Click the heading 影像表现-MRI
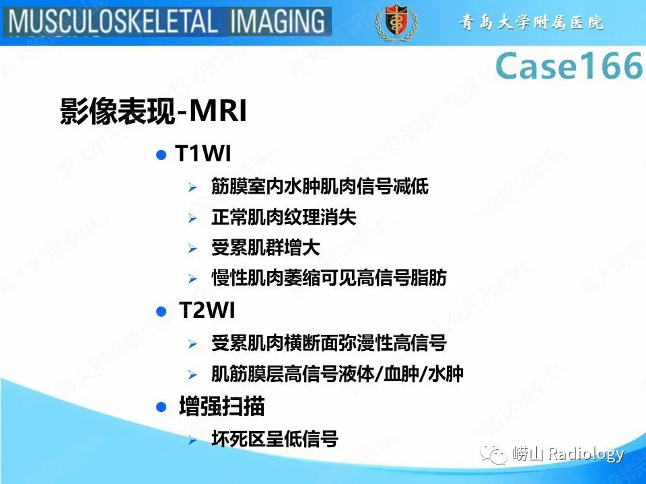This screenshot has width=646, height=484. pos(153,112)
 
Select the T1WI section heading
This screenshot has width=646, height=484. pos(203,155)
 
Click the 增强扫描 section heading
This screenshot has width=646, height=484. pos(221,407)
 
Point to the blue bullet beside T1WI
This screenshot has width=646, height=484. pos(160,155)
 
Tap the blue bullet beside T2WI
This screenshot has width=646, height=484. pos(160,312)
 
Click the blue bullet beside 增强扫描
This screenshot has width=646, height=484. pos(160,407)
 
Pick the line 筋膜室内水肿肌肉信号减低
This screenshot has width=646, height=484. pos(320,186)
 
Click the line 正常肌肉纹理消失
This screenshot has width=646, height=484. pos(283,217)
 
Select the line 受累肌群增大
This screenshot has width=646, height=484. pos(265,247)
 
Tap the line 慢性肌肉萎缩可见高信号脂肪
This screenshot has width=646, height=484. pos(329,278)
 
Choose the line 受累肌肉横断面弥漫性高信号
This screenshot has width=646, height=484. pos(329,344)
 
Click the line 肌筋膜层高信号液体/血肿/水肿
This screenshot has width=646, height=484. pos(337,374)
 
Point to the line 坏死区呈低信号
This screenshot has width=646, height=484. pos(275,440)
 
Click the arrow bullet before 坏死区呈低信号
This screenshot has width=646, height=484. pos(192,440)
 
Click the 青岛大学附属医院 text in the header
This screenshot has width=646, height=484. pos(532,23)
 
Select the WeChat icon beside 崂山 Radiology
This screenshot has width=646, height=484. pos(497,455)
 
